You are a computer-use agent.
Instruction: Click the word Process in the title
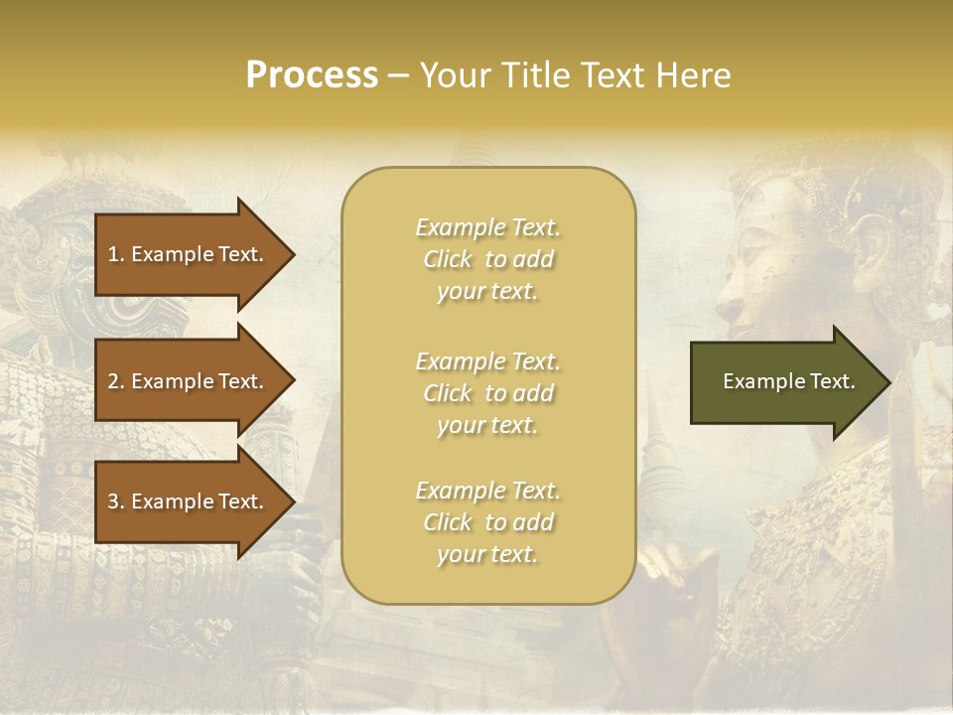tap(312, 75)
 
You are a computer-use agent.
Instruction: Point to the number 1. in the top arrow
tap(116, 254)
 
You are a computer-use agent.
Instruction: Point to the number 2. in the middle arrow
tap(116, 381)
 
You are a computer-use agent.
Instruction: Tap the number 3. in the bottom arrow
tap(116, 501)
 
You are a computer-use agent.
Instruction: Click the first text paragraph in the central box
tap(487, 259)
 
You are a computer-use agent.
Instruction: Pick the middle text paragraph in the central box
tap(487, 393)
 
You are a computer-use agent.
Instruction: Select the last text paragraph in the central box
tap(487, 522)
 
